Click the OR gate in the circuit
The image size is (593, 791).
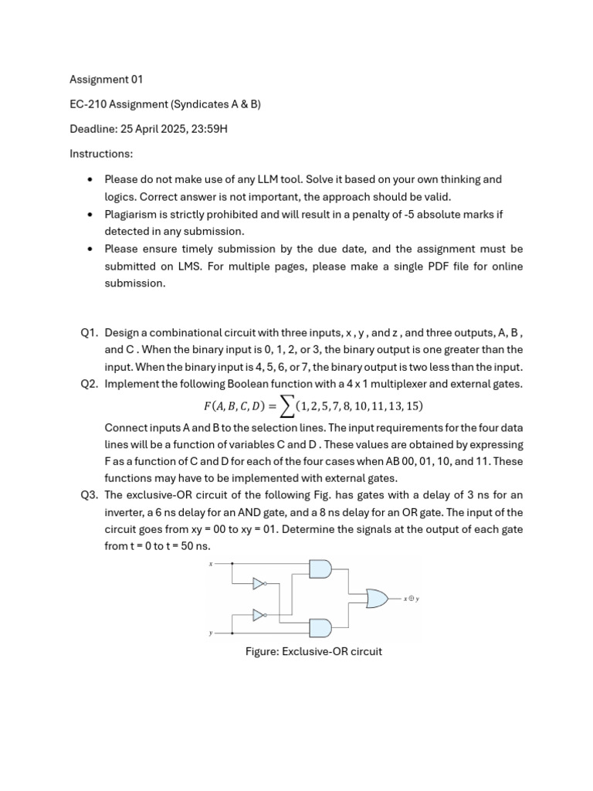pos(377,598)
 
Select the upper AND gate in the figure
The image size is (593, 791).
pos(320,569)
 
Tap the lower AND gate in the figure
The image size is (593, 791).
pos(320,627)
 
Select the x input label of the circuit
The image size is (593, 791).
pos(210,564)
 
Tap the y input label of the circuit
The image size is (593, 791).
pos(210,633)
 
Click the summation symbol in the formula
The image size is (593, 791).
pos(283,406)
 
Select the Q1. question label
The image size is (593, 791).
pos(90,333)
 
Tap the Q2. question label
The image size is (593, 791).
pos(90,384)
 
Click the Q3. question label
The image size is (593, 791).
pos(90,495)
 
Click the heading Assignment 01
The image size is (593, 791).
pos(107,80)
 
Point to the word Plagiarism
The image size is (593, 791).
pos(132,214)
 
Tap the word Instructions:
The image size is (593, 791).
pos(101,154)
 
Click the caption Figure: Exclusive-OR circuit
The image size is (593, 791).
pos(313,651)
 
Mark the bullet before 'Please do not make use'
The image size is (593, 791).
pos(90,179)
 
